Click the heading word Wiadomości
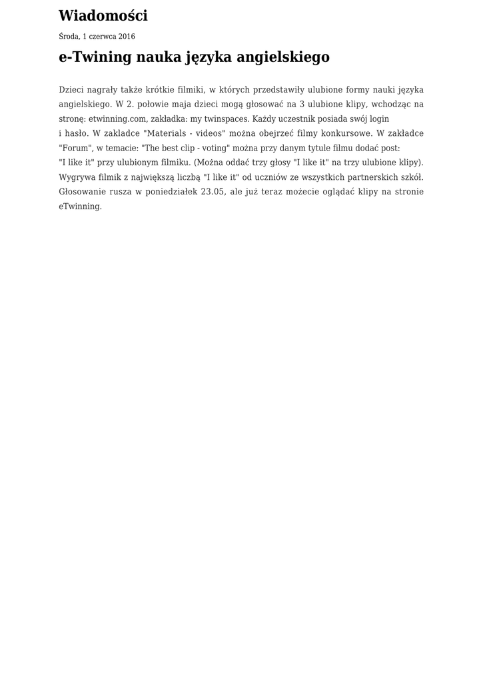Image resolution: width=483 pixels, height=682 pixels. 103,16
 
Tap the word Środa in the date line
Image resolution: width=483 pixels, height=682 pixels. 69,37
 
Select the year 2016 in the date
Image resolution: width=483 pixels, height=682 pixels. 127,37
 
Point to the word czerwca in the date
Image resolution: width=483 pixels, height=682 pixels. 102,37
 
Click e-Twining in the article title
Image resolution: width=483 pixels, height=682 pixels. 95,57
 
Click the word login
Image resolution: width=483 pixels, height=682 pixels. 378,119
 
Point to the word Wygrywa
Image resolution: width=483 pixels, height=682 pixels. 77,177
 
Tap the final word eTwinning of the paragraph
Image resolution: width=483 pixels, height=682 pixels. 80,206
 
